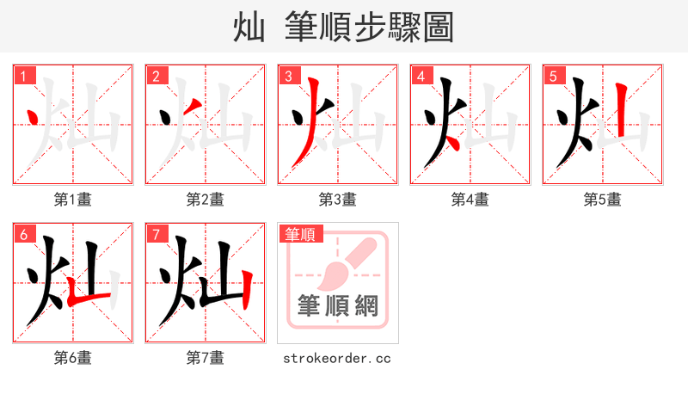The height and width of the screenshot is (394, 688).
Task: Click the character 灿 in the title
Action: click(x=249, y=28)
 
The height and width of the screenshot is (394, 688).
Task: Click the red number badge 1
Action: click(x=23, y=76)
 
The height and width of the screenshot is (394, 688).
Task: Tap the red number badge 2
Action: click(x=156, y=76)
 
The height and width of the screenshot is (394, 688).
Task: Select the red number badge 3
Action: click(x=288, y=76)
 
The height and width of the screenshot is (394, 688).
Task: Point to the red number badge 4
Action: click(x=421, y=76)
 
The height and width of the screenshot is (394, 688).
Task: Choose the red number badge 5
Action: click(x=553, y=76)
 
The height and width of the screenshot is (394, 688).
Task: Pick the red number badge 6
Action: click(x=23, y=234)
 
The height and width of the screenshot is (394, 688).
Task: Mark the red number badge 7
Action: click(x=156, y=234)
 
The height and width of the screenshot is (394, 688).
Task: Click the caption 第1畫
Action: click(x=73, y=200)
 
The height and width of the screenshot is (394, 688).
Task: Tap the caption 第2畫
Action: click(x=206, y=200)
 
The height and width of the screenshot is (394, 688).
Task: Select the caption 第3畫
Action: click(x=338, y=200)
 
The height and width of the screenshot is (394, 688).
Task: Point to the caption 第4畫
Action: click(x=470, y=200)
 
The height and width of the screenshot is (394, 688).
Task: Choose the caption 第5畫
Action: click(x=603, y=200)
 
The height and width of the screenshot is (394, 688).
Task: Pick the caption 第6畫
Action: click(x=73, y=357)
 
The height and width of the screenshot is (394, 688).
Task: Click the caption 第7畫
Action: click(x=206, y=357)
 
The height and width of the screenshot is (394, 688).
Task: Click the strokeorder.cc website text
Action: click(x=337, y=357)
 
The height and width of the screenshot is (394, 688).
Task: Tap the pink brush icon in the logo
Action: click(x=344, y=262)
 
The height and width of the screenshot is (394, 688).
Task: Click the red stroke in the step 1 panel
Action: click(x=34, y=115)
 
